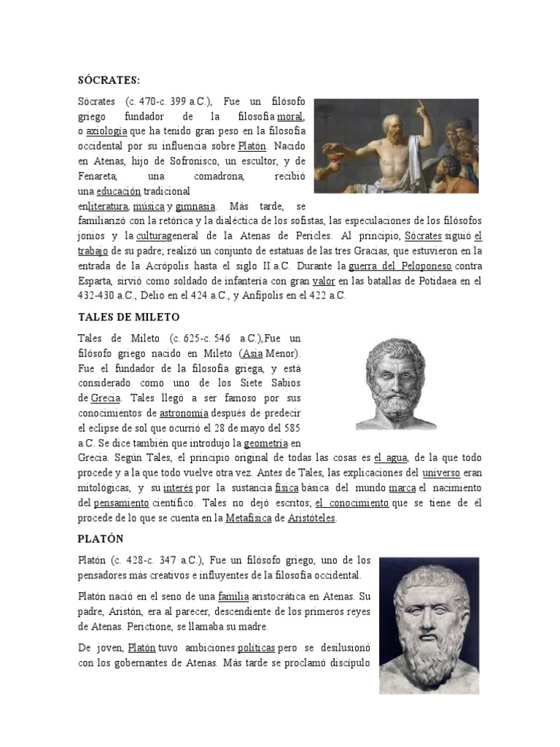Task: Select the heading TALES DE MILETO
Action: tap(128, 317)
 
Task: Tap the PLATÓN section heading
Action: tap(101, 539)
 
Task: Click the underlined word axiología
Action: tap(106, 131)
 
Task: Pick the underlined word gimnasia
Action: tap(195, 206)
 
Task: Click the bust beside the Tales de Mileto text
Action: tap(397, 383)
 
